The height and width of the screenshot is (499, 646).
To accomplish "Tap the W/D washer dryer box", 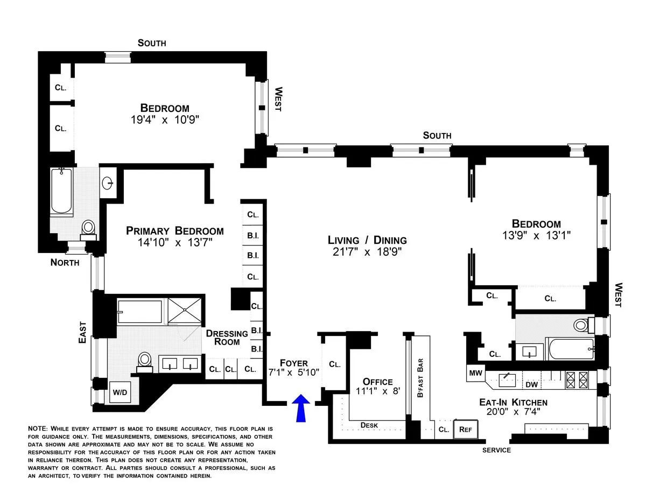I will tap(119, 392).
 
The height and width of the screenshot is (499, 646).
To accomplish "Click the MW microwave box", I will tap(475, 373).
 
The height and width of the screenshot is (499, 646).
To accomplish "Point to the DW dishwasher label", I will tap(531, 384).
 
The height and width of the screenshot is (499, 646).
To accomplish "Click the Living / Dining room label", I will tap(367, 240).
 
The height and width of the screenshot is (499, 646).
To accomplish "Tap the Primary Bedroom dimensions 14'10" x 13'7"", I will tap(175, 243).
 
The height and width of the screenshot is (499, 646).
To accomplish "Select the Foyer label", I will tap(293, 363).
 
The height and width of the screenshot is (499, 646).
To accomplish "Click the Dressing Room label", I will tap(227, 338).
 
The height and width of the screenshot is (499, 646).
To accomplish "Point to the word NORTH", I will tap(65, 263).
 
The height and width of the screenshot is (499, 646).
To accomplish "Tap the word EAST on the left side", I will tap(82, 333).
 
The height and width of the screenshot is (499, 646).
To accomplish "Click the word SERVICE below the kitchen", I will tap(496, 450).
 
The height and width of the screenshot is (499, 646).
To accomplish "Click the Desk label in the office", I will tap(369, 425).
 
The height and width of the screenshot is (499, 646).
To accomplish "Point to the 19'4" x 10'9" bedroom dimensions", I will tap(165, 120).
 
